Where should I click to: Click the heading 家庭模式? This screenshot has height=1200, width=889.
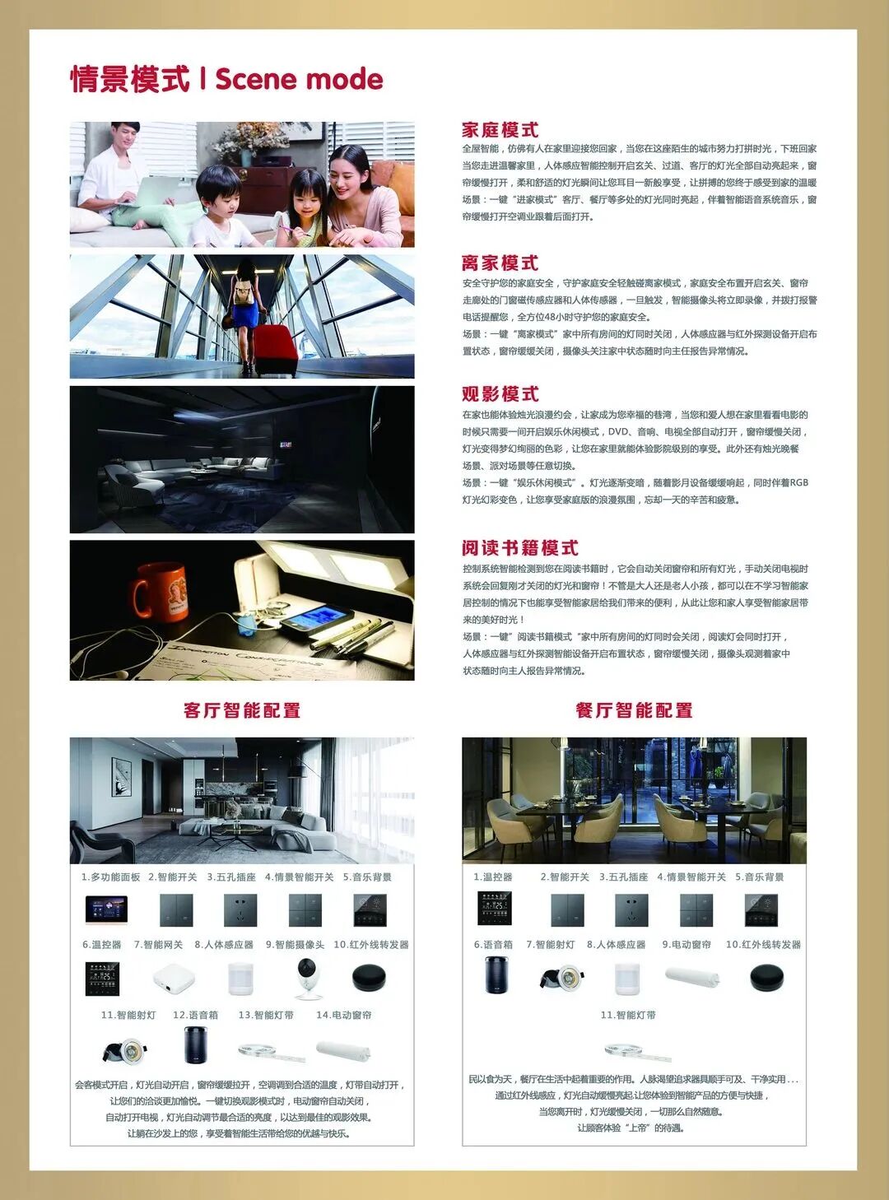500,130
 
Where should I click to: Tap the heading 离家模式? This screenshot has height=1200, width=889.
500,263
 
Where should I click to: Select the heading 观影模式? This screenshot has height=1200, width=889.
500,393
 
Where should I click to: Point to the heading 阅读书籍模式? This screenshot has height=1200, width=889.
519,548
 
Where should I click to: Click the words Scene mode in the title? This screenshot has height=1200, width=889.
299,80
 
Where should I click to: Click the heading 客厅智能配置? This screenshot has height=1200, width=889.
242,710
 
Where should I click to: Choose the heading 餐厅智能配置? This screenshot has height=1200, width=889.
634,710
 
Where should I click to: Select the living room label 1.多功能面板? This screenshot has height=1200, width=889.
110,877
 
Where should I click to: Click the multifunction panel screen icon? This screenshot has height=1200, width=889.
107,909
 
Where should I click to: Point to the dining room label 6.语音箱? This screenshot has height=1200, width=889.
493,945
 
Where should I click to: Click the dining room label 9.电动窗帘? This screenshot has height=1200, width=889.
687,945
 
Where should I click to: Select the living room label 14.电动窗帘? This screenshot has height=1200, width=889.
344,1016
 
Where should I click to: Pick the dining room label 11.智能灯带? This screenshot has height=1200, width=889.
628,1016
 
